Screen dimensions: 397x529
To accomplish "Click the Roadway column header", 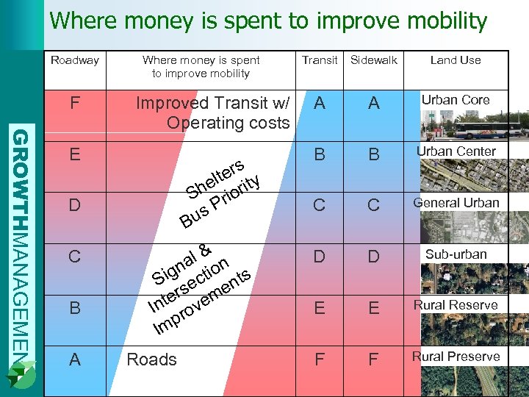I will [x=74, y=60].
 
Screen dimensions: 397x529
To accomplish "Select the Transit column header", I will [x=320, y=60].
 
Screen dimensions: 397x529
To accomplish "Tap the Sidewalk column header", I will [x=373, y=60].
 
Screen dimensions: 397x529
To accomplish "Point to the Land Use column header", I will [x=456, y=60].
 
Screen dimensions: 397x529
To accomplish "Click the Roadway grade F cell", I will [x=74, y=104].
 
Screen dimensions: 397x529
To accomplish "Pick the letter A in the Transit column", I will [x=319, y=104].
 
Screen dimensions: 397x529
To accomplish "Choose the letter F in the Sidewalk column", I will [x=373, y=360].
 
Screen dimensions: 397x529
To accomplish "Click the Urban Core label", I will [x=456, y=100].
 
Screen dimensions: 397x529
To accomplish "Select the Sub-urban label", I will [x=456, y=254].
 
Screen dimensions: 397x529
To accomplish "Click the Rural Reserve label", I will [x=456, y=305].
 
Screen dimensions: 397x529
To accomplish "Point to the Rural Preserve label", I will [x=456, y=357].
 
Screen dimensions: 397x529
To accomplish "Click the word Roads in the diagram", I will [x=152, y=360].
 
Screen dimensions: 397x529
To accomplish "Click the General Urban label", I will [x=456, y=203].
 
